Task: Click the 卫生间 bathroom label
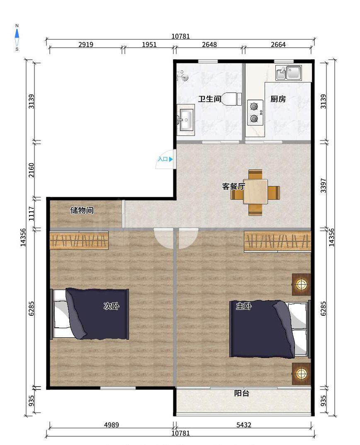coord(209,99)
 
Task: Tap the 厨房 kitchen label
coord(278,99)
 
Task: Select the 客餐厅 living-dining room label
coord(234,186)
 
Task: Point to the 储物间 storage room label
coord(82,210)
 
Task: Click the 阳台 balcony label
coord(242,393)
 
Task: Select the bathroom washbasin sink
coord(185,119)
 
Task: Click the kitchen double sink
coord(289,73)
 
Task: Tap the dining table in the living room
coord(255,192)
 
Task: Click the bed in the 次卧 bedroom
coord(90,314)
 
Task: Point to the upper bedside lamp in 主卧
coord(302,284)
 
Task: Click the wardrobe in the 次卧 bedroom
coord(79,241)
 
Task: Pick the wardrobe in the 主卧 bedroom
coord(277,242)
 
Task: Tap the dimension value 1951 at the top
coord(149,45)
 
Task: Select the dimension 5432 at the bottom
coord(244,425)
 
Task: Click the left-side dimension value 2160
coord(31,170)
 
